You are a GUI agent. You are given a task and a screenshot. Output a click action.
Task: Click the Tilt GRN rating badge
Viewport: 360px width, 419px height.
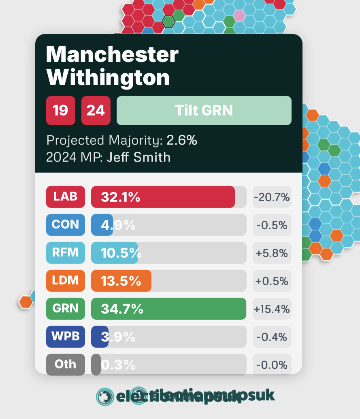click(x=204, y=111)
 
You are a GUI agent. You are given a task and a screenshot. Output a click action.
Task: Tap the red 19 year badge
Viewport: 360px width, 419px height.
click(x=60, y=111)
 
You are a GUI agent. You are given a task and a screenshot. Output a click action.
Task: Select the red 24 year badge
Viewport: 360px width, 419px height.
click(x=96, y=111)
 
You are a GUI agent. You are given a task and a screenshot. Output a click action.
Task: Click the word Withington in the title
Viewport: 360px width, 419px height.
click(x=108, y=77)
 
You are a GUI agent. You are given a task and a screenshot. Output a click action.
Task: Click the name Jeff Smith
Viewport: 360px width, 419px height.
click(x=138, y=157)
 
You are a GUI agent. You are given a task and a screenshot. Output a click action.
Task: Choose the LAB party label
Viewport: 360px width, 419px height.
click(x=66, y=197)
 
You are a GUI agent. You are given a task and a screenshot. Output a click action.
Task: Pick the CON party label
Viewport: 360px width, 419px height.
click(x=66, y=225)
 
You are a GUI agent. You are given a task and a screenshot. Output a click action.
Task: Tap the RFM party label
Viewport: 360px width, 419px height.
click(x=66, y=253)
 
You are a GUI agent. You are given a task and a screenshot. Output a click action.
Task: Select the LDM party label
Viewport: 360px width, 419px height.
click(x=66, y=281)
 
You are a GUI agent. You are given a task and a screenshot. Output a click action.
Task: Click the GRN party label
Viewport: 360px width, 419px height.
click(x=66, y=309)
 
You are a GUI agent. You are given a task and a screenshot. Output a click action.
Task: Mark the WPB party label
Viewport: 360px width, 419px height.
click(x=66, y=337)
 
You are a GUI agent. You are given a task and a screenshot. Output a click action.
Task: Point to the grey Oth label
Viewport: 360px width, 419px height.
click(x=66, y=364)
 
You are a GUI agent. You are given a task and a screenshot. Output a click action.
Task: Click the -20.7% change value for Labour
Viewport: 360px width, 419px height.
click(x=272, y=197)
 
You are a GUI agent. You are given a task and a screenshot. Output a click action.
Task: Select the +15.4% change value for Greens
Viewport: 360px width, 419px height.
click(x=272, y=309)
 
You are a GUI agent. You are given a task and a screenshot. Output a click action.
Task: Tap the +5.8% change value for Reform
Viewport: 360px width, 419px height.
click(x=272, y=253)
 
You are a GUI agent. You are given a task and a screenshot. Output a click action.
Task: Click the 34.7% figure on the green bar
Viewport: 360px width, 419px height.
click(x=122, y=309)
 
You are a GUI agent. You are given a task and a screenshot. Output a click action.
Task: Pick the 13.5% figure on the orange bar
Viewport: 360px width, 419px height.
click(x=121, y=281)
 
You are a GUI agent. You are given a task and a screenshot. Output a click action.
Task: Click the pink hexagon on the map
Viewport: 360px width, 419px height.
click(x=239, y=16)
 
